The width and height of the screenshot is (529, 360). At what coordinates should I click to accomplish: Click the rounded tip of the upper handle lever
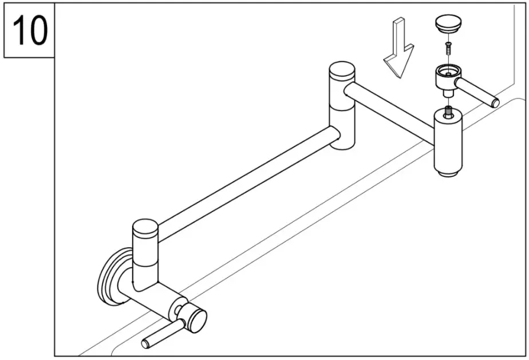(495, 103)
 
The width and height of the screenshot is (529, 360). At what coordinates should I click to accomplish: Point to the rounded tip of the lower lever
(145, 343)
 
